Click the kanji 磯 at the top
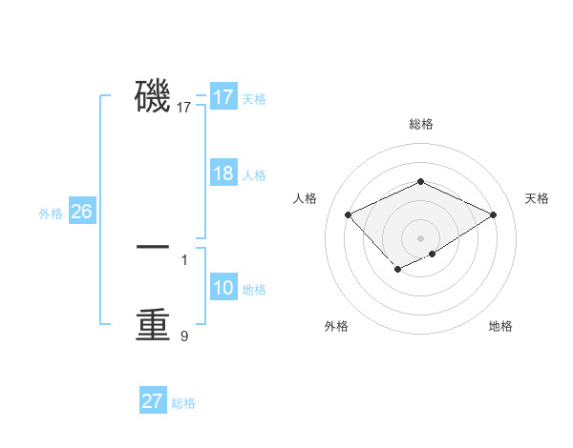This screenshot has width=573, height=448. [x=153, y=96]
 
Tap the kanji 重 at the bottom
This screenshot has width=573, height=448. [x=153, y=324]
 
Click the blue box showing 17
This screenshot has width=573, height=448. [x=223, y=97]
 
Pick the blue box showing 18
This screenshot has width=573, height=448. [x=223, y=173]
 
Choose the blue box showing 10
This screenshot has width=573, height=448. [x=223, y=288]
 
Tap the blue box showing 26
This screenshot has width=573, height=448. [x=81, y=212]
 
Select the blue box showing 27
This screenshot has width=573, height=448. [x=152, y=401]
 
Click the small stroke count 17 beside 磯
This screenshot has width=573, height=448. [x=184, y=109]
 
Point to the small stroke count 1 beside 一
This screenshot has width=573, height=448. [x=184, y=259]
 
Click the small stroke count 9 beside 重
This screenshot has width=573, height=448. [x=184, y=336]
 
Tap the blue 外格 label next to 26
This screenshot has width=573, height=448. [x=51, y=214]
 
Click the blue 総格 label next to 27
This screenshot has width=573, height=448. [x=183, y=403]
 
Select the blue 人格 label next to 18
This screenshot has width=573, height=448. [x=254, y=175]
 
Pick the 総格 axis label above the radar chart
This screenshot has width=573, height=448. [x=420, y=124]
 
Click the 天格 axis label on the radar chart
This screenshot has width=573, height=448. [x=537, y=198]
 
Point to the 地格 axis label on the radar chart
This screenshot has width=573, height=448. [x=500, y=326]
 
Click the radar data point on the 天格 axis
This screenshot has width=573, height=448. [x=493, y=215]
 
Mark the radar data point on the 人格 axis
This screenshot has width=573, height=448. [x=349, y=215]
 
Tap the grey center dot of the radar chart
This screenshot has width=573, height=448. [x=420, y=238]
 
